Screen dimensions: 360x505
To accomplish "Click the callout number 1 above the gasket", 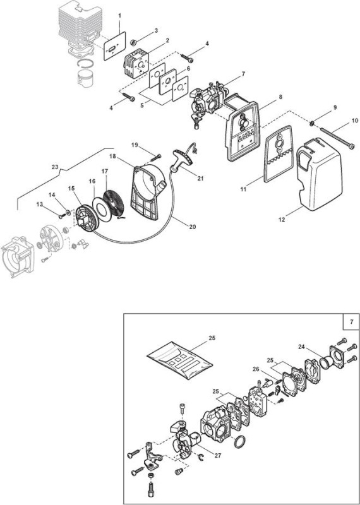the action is [x=119, y=15].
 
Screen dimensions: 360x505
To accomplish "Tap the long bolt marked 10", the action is [x=335, y=139].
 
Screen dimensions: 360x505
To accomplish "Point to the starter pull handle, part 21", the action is [x=183, y=158].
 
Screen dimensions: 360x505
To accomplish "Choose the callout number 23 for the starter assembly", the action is [x=55, y=167].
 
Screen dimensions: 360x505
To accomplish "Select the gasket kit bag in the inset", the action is [x=179, y=360].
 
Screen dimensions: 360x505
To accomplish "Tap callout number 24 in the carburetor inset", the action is [x=302, y=347].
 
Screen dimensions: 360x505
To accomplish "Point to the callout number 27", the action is [x=218, y=456].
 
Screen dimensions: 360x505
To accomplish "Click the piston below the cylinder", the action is [x=86, y=78].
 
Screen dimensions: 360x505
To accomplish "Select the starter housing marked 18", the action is [x=148, y=192].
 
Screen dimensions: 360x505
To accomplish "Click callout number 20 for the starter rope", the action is [x=193, y=227].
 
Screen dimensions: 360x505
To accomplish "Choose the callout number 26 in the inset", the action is [x=256, y=369].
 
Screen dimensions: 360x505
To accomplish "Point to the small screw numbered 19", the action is [x=155, y=158].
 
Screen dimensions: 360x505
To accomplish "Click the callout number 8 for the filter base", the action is [x=280, y=97].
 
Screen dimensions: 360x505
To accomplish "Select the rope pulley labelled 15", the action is [x=87, y=218].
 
